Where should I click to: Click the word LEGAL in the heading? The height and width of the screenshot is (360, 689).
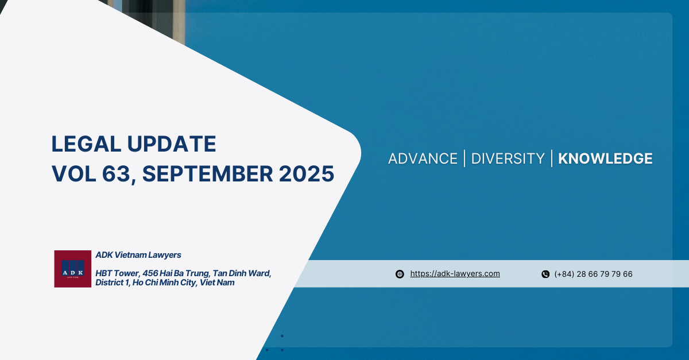point(86,144)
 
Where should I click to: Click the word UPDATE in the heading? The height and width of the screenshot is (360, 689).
point(172,144)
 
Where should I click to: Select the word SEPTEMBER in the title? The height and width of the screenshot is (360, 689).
point(208,174)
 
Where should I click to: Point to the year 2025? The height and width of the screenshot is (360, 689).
point(307,174)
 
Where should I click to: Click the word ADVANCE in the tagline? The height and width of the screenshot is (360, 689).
point(423,159)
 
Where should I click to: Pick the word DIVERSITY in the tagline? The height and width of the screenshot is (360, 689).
point(508,159)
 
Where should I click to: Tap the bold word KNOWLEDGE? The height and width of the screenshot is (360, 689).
point(605,159)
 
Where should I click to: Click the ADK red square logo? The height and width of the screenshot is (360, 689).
point(72,269)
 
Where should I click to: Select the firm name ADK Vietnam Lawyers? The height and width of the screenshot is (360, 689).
point(138,255)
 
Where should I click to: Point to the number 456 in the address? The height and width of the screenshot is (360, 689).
point(150,273)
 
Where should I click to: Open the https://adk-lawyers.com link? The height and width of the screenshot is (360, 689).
point(455,274)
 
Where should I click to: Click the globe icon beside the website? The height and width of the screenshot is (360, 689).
point(400,274)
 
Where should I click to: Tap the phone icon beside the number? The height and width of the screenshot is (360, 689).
point(545,274)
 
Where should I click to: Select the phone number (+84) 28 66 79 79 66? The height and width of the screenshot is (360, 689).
point(593,274)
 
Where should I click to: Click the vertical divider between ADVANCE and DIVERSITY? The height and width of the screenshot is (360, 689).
point(465,158)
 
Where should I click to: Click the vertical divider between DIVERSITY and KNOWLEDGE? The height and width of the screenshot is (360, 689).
point(552,158)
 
